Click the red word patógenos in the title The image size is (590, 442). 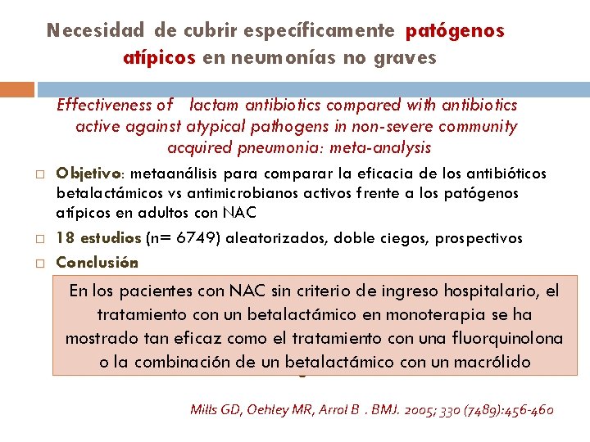point(455,31)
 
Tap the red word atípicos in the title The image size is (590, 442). point(159,58)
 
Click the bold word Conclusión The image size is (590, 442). point(96,264)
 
